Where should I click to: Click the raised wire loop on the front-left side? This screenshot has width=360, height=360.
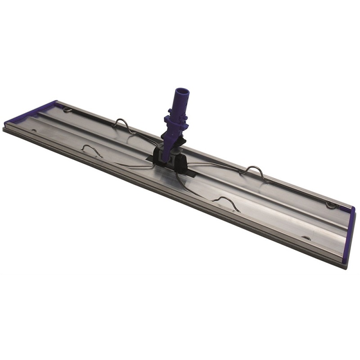pos(90,150)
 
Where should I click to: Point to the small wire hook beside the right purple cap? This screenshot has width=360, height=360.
pos(331,205)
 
